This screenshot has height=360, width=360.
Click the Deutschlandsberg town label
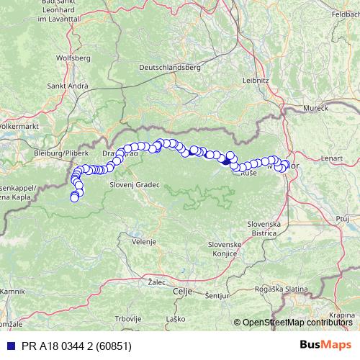pyautogui.click(x=168, y=67)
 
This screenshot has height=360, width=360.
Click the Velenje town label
pyautogui.click(x=143, y=242)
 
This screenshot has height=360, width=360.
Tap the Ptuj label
pyautogui.click(x=342, y=217)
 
